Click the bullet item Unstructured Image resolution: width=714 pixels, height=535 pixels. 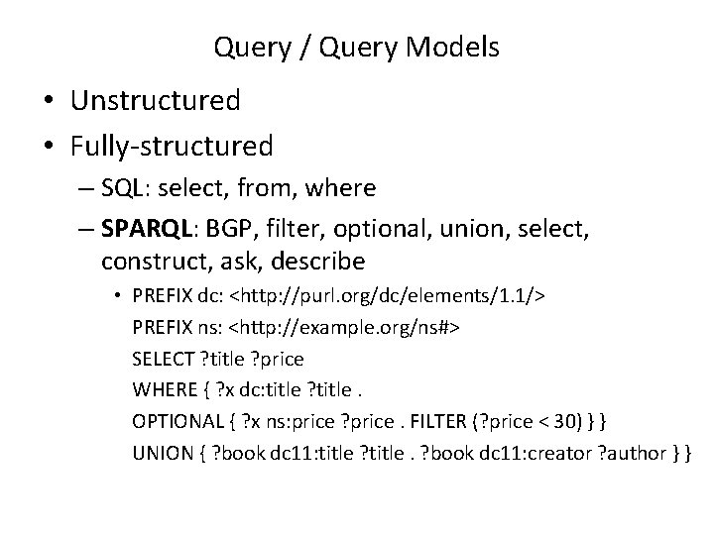click(155, 101)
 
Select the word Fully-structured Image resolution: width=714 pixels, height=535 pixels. click(172, 147)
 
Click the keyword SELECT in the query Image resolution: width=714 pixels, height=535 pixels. click(162, 357)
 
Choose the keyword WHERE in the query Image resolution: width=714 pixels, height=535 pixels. click(161, 387)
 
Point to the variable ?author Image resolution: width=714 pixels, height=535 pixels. click(636, 451)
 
